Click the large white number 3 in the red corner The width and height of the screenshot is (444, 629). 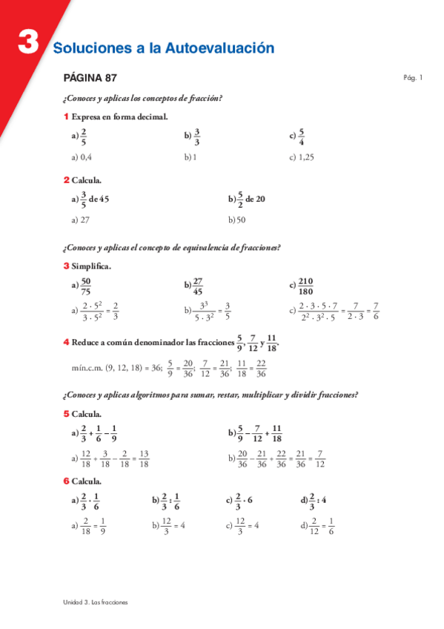(28, 43)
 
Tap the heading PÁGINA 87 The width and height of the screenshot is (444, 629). (90, 78)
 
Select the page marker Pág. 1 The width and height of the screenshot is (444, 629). (413, 77)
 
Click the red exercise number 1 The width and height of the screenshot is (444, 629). (67, 116)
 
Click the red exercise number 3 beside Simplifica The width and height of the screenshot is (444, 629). (67, 266)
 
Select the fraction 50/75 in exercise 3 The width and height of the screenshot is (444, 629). (86, 286)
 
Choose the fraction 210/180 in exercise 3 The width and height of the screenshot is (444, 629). (305, 286)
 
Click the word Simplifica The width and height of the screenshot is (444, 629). (91, 266)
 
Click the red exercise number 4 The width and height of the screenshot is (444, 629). (67, 342)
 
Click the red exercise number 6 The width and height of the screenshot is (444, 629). (67, 481)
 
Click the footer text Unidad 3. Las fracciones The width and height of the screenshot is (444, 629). (96, 602)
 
